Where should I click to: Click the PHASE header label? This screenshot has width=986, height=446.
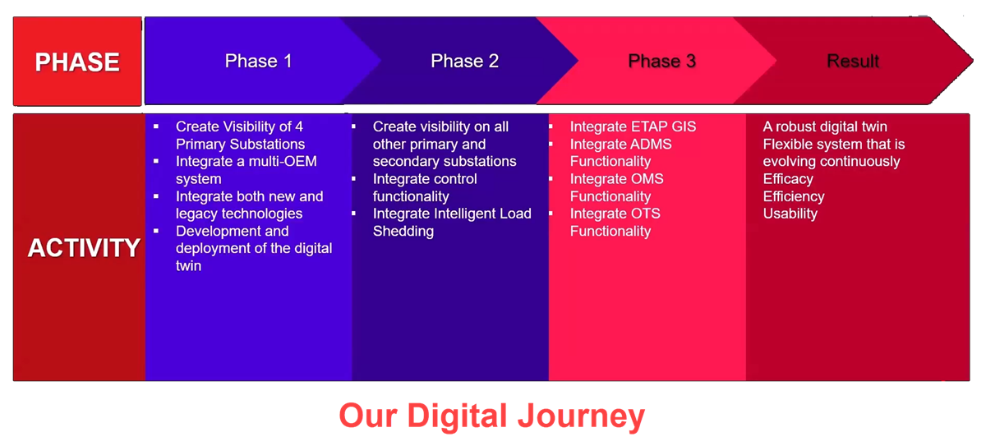pos(77,62)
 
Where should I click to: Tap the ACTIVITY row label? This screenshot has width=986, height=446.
pos(84,247)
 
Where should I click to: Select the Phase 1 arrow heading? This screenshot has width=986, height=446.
pos(258,61)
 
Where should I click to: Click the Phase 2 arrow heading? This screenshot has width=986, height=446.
pos(465,61)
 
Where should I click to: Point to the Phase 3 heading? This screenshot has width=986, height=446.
pos(662,61)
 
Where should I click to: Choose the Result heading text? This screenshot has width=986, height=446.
pos(853,61)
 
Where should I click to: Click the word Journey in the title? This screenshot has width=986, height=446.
pos(581,416)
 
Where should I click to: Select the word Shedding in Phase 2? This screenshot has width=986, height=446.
pos(403,232)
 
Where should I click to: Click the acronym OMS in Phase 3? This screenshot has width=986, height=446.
pos(647,179)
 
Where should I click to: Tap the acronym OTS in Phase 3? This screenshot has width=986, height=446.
pos(646,214)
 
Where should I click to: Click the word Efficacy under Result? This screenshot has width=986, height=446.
pos(788,179)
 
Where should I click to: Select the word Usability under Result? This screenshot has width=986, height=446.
pos(790,214)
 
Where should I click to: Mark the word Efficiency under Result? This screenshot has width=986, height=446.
pos(794,196)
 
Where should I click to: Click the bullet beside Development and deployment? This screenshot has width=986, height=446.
pos(156,231)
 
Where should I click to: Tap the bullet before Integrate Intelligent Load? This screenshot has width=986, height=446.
pos(353,214)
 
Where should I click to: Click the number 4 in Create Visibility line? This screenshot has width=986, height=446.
pos(299,126)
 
